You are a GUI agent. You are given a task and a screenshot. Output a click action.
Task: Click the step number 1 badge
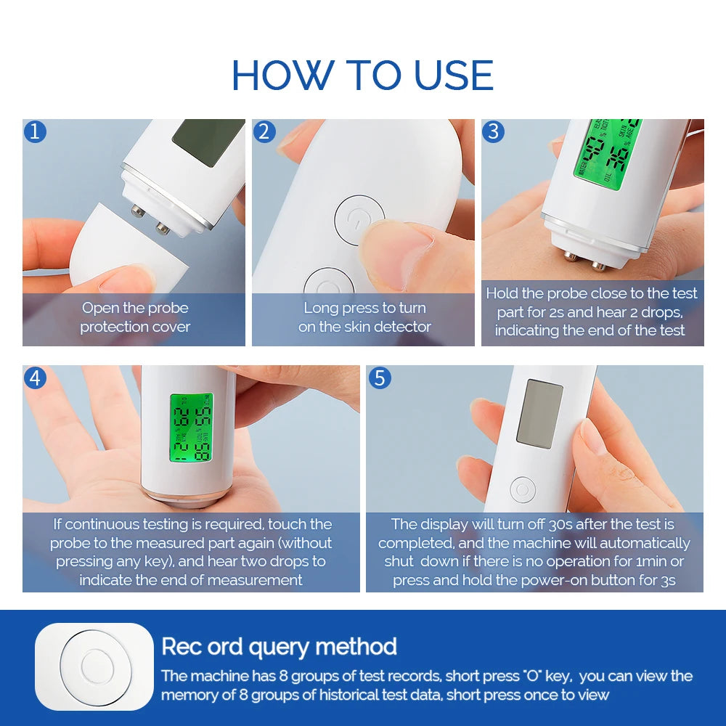tap(35, 131)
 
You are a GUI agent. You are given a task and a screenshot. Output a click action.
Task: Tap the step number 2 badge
tap(264, 131)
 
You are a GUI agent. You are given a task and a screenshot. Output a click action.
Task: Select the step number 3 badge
tap(494, 131)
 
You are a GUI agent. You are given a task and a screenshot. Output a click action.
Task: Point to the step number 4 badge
tap(35, 378)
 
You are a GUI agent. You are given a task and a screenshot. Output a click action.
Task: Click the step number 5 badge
tap(379, 378)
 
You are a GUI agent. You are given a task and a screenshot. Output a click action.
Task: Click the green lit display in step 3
tap(607, 154)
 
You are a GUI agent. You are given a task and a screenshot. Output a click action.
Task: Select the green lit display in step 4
tap(191, 428)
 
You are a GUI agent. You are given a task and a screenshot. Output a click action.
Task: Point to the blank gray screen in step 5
tap(539, 412)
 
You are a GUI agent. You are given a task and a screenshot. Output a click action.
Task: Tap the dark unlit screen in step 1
tap(208, 141)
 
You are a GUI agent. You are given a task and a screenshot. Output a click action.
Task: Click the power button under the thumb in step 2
tap(359, 218)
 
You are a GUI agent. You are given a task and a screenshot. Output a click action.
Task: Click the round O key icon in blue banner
tap(94, 666)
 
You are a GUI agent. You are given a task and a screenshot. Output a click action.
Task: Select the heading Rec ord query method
tap(279, 646)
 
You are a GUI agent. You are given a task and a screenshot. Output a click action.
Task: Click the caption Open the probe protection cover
tap(135, 317)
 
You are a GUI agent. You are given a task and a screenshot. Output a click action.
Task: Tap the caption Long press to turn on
tap(364, 317)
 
